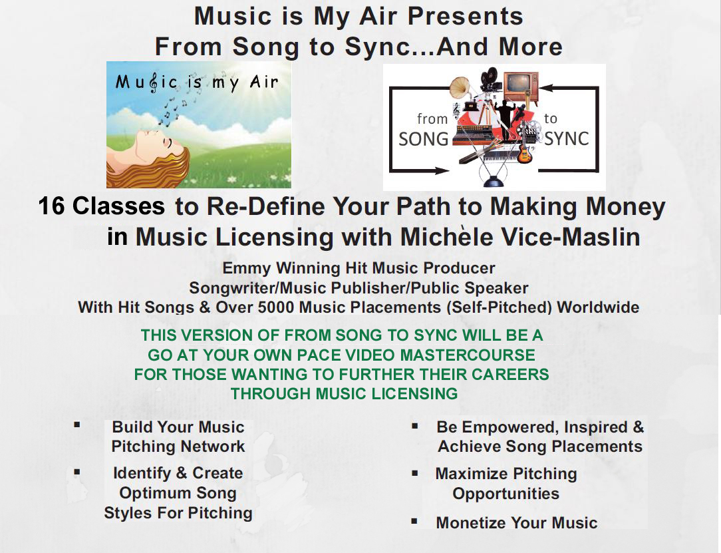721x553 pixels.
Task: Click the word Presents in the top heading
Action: coord(466,16)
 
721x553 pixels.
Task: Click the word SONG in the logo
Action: coord(424,139)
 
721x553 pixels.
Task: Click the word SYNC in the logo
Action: coord(567,138)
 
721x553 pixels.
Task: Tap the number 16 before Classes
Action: coord(51,206)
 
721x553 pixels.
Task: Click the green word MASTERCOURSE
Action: coord(468,355)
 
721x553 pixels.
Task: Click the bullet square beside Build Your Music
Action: coord(77,425)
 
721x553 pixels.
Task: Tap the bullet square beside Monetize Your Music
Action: coord(414,521)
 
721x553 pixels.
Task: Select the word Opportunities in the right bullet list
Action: coord(505,494)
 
